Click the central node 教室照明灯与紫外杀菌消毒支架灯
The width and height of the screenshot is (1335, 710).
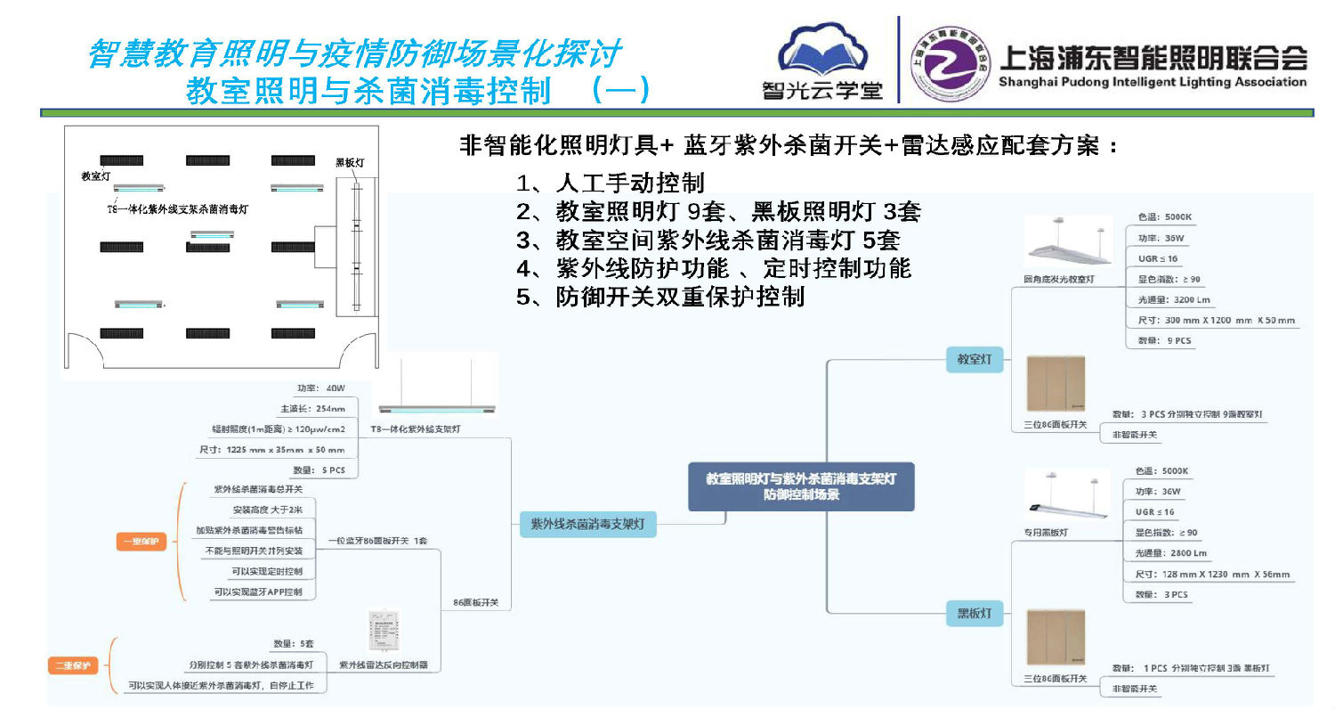tap(800, 486)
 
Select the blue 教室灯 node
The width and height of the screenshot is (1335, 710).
tap(974, 360)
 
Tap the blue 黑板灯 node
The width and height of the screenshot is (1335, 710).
tap(974, 614)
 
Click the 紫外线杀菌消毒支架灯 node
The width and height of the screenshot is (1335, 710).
tap(587, 525)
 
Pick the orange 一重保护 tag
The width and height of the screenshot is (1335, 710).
tap(142, 542)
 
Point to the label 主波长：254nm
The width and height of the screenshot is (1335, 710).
tap(318, 409)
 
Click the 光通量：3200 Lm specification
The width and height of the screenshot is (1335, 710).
tap(1174, 300)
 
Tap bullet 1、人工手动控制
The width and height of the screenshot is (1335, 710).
tap(611, 184)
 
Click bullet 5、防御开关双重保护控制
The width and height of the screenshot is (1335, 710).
tap(660, 297)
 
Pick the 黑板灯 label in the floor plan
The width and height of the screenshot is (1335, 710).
tap(350, 163)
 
